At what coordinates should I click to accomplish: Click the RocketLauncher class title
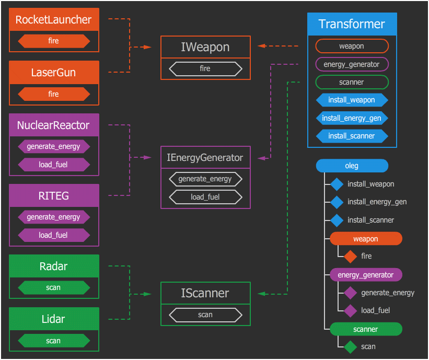pyautogui.click(x=54, y=20)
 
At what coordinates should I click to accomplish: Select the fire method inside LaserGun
pyautogui.click(x=54, y=94)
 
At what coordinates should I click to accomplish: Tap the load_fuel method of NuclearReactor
pyautogui.click(x=54, y=165)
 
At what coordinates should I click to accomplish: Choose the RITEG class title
pyautogui.click(x=54, y=196)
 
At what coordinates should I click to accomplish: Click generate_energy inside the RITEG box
pyautogui.click(x=54, y=217)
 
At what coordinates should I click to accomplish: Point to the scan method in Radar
pyautogui.click(x=54, y=287)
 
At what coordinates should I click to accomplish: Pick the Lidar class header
pyautogui.click(x=54, y=319)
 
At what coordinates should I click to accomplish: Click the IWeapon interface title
pyautogui.click(x=205, y=47)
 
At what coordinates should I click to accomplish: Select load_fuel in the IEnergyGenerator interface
pyautogui.click(x=205, y=197)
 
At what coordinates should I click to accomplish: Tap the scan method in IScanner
pyautogui.click(x=205, y=315)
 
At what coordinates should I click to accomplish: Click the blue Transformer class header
pyautogui.click(x=352, y=24)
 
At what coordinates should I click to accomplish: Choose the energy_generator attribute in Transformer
pyautogui.click(x=352, y=64)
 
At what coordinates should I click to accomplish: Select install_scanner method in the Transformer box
pyautogui.click(x=352, y=136)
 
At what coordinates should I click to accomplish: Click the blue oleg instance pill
pyautogui.click(x=352, y=166)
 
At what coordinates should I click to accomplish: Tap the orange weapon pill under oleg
pyautogui.click(x=366, y=239)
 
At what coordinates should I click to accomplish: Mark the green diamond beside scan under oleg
pyautogui.click(x=350, y=346)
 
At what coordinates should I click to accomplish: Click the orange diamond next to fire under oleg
pyautogui.click(x=350, y=256)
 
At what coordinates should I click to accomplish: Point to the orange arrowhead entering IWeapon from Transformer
pyautogui.click(x=262, y=46)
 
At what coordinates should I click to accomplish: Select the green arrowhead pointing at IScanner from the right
pyautogui.click(x=262, y=295)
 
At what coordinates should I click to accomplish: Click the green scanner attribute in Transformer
pyautogui.click(x=352, y=82)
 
